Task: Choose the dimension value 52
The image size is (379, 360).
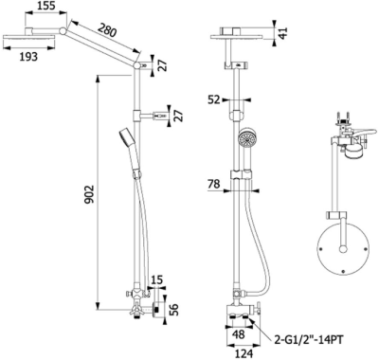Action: pos(215,99)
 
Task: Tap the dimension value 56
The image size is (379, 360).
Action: pos(174,308)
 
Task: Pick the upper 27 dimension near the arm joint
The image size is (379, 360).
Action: pos(161,66)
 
